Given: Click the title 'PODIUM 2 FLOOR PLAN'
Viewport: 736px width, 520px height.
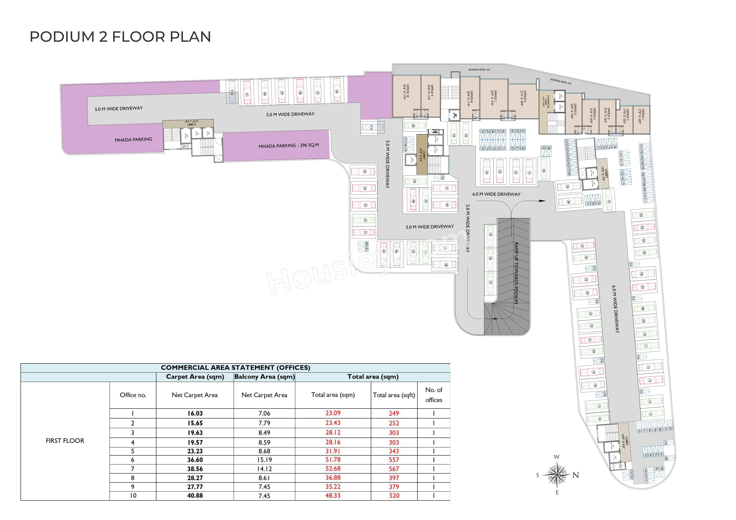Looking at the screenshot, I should (120, 37).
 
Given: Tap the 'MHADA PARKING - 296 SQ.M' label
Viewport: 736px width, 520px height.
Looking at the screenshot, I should (289, 145).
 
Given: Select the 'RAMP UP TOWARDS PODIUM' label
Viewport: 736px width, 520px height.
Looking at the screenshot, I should (516, 273).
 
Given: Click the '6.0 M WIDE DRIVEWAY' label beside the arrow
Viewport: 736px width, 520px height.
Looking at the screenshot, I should (496, 194).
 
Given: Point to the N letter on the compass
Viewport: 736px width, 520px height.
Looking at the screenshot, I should (576, 475).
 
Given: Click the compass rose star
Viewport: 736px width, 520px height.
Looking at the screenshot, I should (557, 474).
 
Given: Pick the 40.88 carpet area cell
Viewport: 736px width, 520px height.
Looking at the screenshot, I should (195, 495).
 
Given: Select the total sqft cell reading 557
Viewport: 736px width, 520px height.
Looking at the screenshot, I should (394, 460).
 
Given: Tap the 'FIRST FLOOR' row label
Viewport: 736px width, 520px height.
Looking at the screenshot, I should (65, 441).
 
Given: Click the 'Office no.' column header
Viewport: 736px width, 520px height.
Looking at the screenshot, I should (133, 395).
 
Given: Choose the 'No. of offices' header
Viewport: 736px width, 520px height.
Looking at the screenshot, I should (434, 395).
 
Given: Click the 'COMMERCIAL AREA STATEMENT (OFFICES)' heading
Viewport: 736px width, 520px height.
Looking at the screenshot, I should (235, 367).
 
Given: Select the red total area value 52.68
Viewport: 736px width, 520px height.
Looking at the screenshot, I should (333, 468).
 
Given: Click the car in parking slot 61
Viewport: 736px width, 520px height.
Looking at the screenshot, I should (247, 93).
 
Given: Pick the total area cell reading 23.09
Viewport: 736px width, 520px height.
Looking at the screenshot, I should (333, 413).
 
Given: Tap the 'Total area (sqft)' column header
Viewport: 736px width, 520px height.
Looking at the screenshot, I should (394, 395).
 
